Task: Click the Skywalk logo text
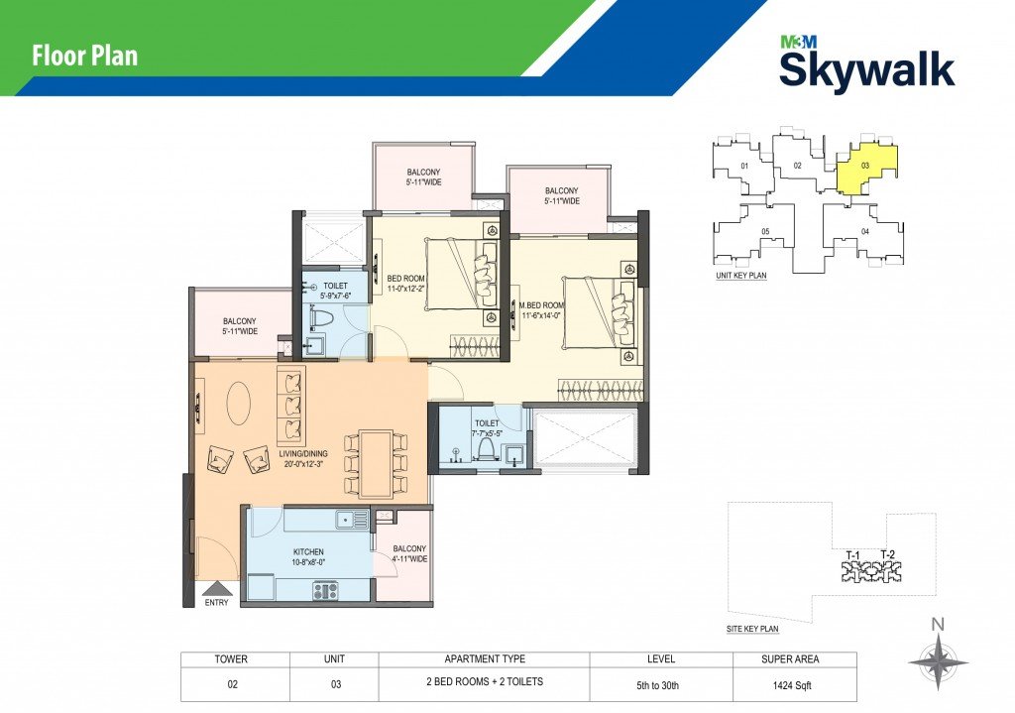click(866, 69)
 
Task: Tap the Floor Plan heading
click(85, 56)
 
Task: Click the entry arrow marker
click(217, 588)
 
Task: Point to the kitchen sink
click(352, 518)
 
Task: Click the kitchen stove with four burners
click(325, 591)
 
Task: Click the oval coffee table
click(239, 403)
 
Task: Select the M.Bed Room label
click(542, 310)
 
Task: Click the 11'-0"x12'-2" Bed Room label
click(405, 284)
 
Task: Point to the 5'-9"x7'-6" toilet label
click(335, 291)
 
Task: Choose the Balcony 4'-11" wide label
click(409, 553)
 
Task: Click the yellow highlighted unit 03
click(866, 167)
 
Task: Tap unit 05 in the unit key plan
click(765, 231)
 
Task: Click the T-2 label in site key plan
click(887, 554)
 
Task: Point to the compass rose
click(938, 661)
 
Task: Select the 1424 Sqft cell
click(792, 685)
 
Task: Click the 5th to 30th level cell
click(658, 685)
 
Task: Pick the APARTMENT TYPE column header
click(485, 659)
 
